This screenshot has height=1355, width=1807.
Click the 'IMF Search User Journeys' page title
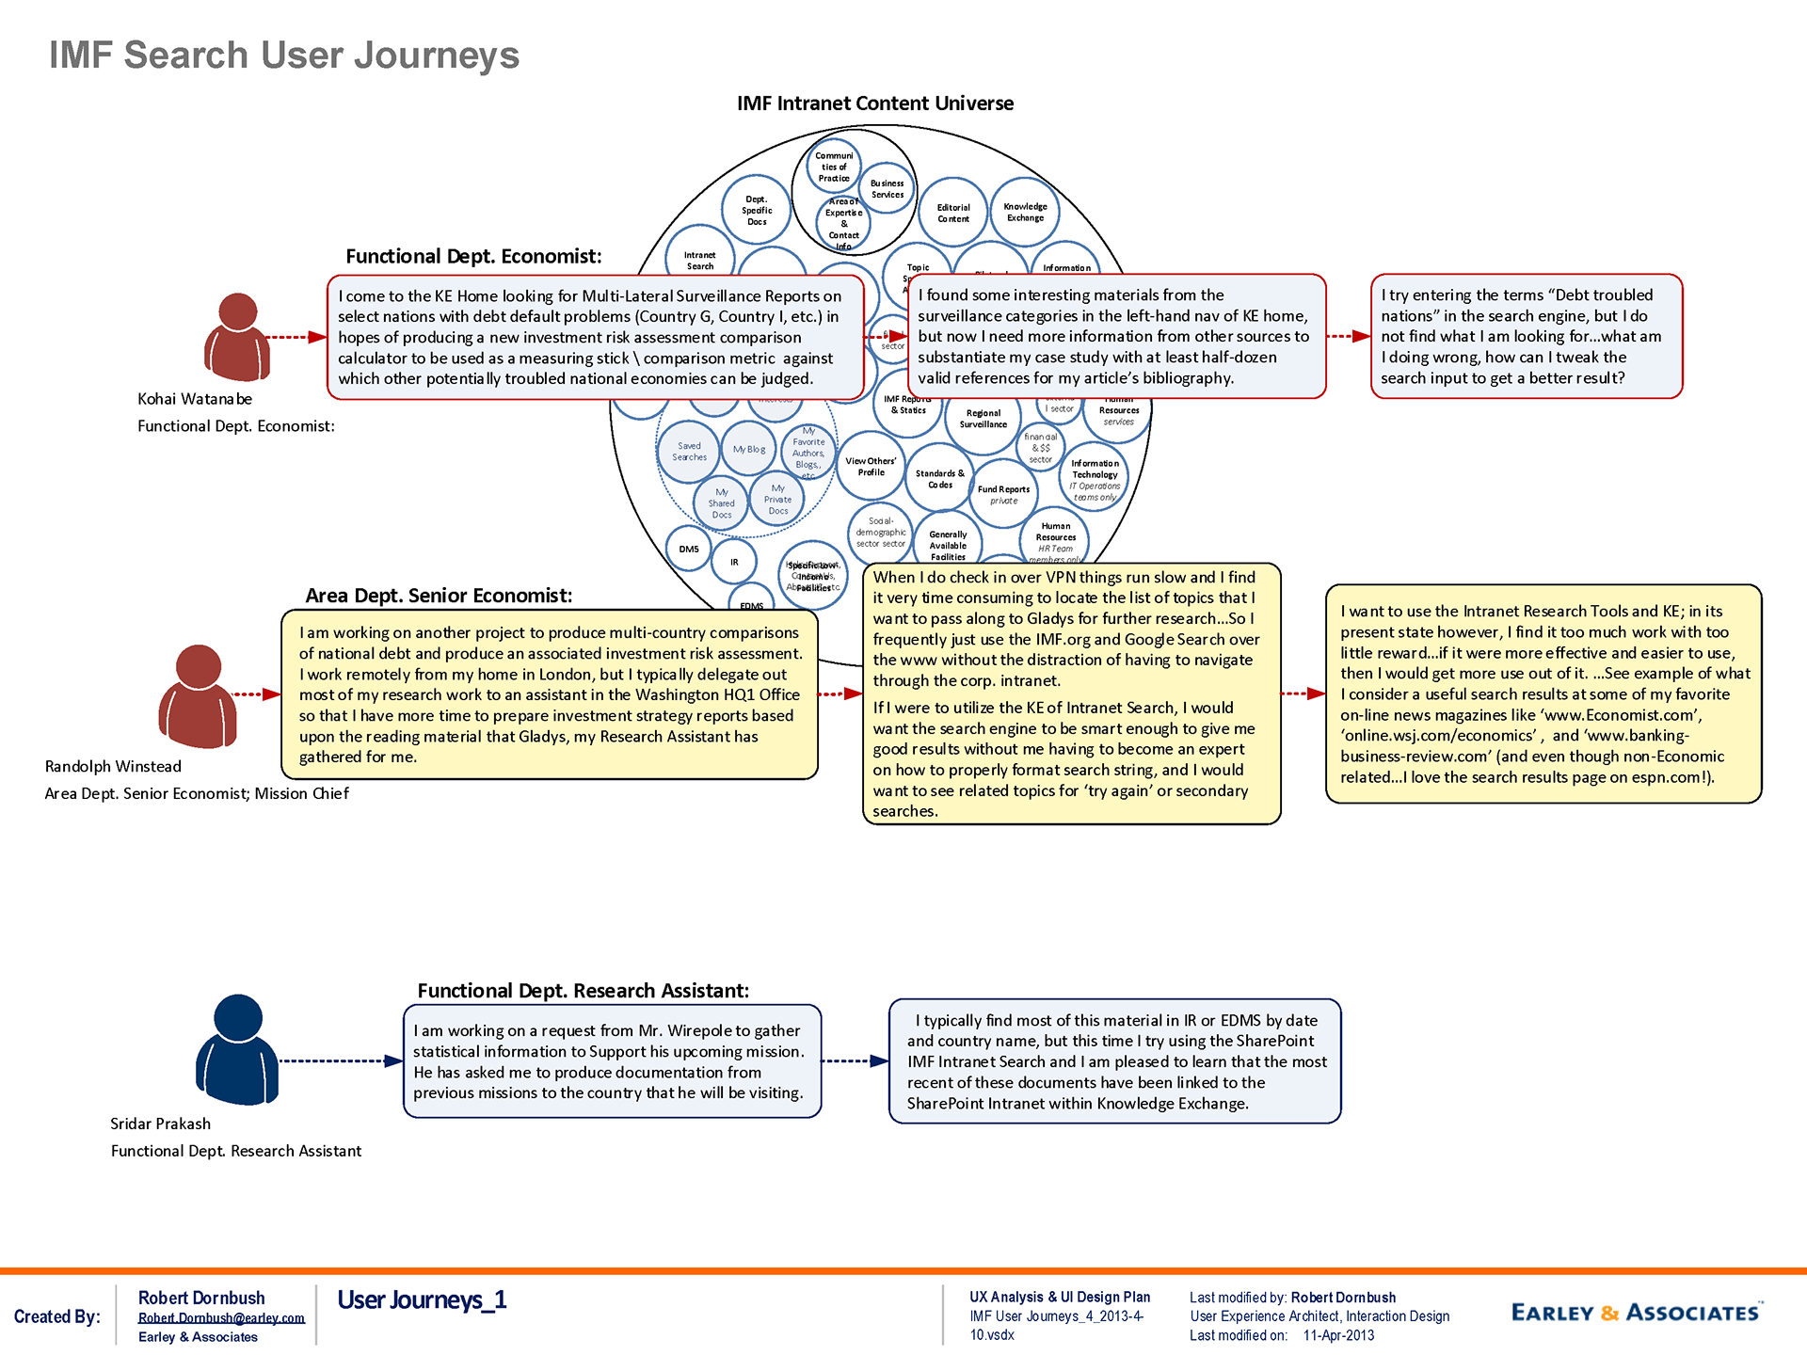tap(283, 56)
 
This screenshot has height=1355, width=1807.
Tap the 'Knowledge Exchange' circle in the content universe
tap(1025, 213)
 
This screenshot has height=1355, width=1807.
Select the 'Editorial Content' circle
tap(952, 214)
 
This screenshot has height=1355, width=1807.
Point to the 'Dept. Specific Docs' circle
tap(756, 210)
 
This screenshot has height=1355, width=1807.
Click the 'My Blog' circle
tap(749, 450)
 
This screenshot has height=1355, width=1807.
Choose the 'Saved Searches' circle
tap(689, 452)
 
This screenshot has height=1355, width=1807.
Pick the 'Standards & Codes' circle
tap(939, 479)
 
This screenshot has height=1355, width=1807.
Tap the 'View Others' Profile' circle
tap(871, 467)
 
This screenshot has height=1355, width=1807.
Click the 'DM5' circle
tap(689, 549)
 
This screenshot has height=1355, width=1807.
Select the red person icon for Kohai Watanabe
tap(237, 337)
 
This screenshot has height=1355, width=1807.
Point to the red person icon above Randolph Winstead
tap(198, 696)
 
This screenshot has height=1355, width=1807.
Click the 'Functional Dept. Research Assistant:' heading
tap(583, 991)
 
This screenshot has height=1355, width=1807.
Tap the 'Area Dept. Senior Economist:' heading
tap(439, 596)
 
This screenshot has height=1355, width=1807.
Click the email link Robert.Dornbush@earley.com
tap(221, 1318)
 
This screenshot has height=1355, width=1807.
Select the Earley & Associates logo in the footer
tap(1636, 1313)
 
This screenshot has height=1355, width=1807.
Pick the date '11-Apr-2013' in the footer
tap(1338, 1335)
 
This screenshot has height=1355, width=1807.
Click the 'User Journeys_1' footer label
tap(422, 1300)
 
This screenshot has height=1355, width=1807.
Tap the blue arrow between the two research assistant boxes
tap(855, 1061)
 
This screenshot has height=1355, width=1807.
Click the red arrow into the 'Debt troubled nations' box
tap(1348, 336)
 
